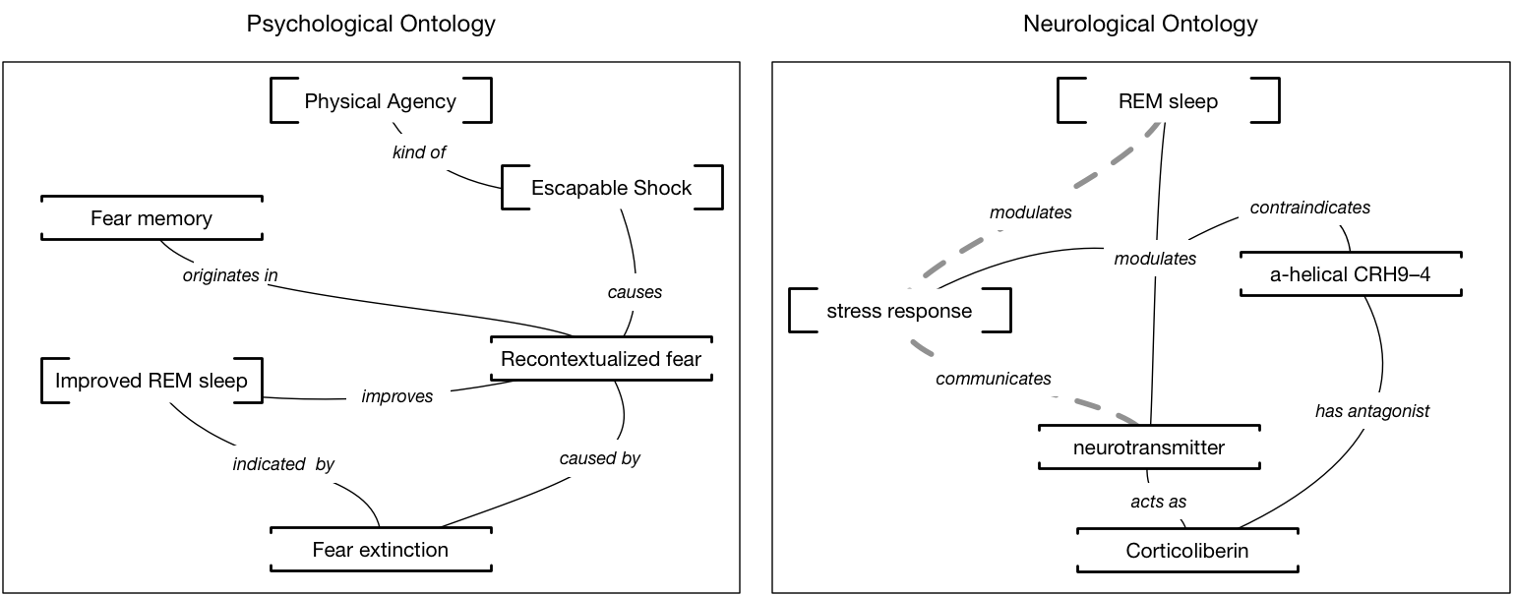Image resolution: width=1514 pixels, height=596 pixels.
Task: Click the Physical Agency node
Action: pyautogui.click(x=381, y=100)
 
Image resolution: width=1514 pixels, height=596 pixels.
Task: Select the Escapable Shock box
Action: pyautogui.click(x=612, y=187)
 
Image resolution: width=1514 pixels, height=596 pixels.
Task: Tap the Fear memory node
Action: pyautogui.click(x=152, y=218)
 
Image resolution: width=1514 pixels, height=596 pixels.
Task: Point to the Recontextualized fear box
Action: pyautogui.click(x=601, y=359)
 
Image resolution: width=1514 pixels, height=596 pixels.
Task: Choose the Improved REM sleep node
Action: pyautogui.click(x=152, y=381)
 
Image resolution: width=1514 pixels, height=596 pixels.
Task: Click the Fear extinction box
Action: pyautogui.click(x=381, y=550)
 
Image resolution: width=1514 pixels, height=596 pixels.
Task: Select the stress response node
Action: pyautogui.click(x=899, y=311)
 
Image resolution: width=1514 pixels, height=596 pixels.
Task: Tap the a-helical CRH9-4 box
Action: pyautogui.click(x=1351, y=274)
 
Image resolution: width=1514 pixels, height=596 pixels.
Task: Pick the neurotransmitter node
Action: pyautogui.click(x=1149, y=447)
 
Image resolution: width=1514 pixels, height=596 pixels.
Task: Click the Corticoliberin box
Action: pyautogui.click(x=1187, y=551)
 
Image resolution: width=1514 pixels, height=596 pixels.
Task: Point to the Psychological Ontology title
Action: pyautogui.click(x=371, y=24)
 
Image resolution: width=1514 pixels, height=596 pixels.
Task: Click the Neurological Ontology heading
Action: pyautogui.click(x=1141, y=24)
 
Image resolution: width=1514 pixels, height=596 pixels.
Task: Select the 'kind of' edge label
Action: pyautogui.click(x=419, y=152)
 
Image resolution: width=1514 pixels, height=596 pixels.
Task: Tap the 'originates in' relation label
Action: pyautogui.click(x=230, y=275)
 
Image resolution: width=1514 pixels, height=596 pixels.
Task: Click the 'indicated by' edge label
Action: pyautogui.click(x=284, y=464)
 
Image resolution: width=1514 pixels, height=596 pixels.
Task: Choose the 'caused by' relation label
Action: pyautogui.click(x=599, y=458)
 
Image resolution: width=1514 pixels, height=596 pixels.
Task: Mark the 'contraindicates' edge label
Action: pyautogui.click(x=1310, y=208)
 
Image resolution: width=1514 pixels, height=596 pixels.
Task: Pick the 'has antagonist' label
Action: pyautogui.click(x=1372, y=411)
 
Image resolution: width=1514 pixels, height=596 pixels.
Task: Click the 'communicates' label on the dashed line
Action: pyautogui.click(x=994, y=379)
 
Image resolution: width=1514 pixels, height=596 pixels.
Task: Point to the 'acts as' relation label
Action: pyautogui.click(x=1159, y=502)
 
